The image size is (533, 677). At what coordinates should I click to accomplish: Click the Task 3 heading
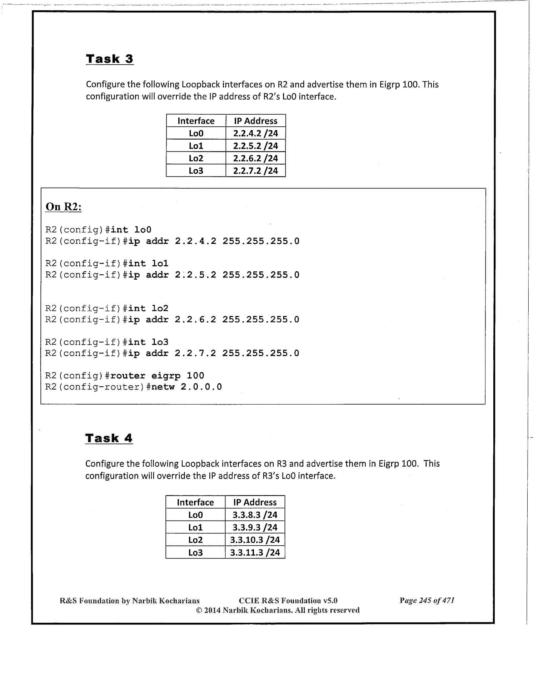[110, 59]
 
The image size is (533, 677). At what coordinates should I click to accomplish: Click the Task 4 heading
[109, 438]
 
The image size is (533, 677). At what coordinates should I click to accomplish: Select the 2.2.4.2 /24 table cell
[255, 134]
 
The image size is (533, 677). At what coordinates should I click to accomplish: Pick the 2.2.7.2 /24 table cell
[255, 171]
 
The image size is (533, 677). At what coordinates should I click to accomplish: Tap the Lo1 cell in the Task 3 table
[196, 146]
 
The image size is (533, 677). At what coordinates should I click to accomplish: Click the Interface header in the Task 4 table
[195, 502]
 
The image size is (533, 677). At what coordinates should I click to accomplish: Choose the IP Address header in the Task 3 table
[255, 121]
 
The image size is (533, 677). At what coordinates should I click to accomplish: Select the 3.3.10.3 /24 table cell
[255, 540]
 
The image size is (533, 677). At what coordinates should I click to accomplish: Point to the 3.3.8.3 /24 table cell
[255, 515]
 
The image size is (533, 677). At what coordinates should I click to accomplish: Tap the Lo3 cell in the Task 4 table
[195, 553]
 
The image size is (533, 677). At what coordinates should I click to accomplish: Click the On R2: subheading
[64, 207]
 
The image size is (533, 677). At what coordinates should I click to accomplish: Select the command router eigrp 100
[157, 376]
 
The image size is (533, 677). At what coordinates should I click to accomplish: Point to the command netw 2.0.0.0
[186, 387]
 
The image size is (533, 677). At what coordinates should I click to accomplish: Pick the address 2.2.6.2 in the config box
[195, 320]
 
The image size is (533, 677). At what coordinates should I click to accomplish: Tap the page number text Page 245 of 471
[427, 601]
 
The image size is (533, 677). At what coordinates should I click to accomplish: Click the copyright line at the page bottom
[278, 610]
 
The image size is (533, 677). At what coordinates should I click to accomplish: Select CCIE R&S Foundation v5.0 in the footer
[288, 601]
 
